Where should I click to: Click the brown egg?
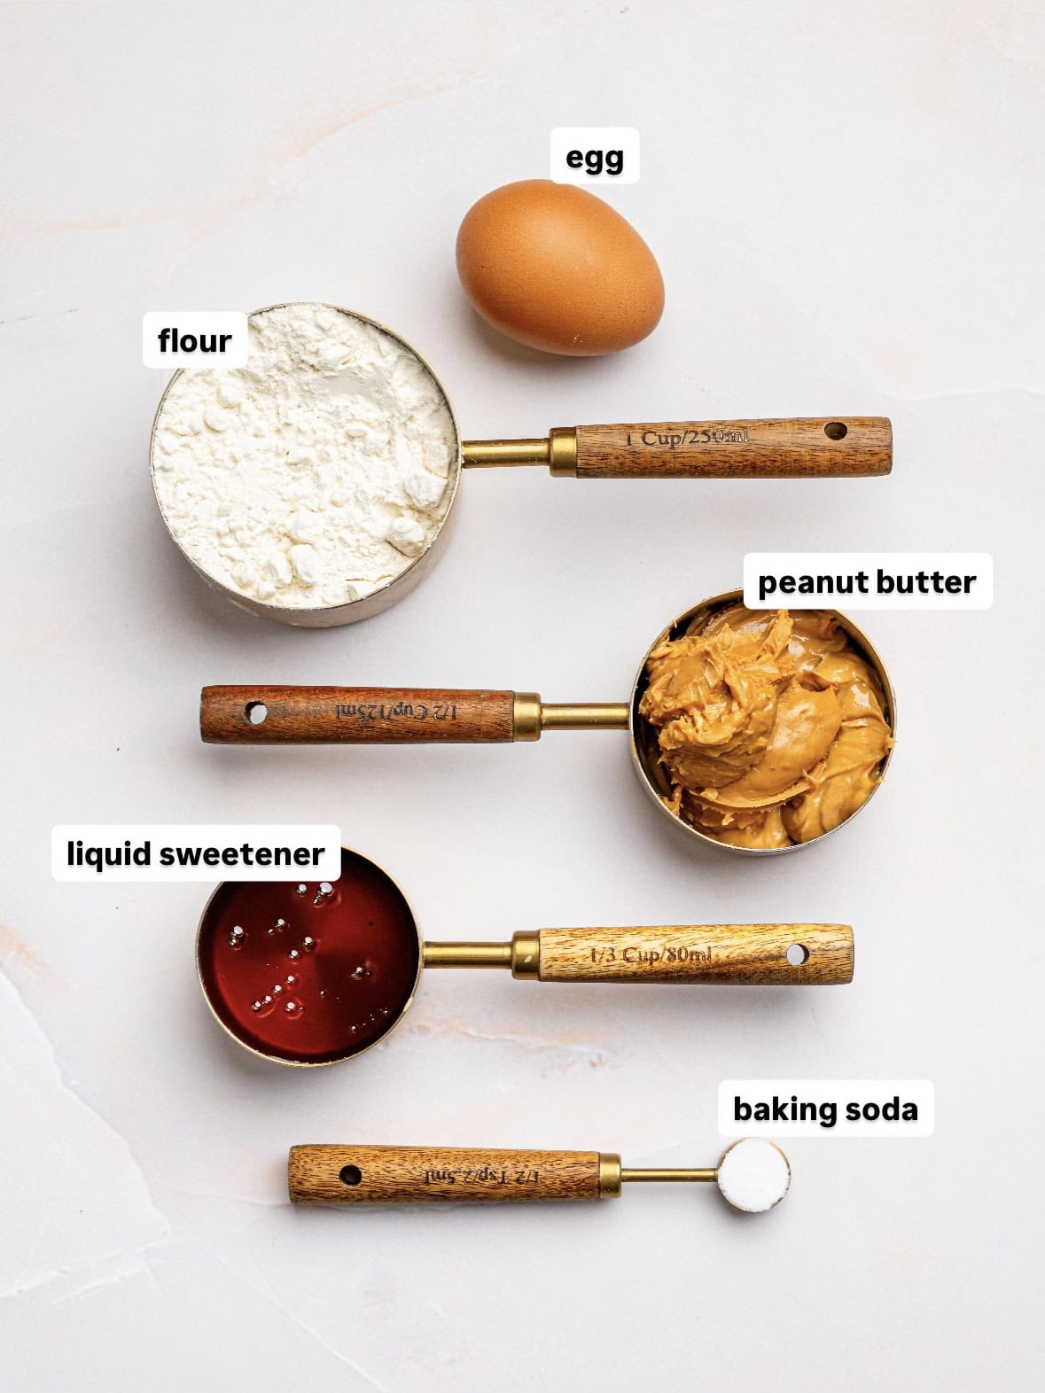559,267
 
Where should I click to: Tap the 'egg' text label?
595,158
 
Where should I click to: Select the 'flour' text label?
194,339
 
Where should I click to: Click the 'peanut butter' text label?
866,582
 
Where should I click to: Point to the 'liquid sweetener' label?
196,853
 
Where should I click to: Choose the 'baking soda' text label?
824,1109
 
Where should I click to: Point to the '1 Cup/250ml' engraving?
687,438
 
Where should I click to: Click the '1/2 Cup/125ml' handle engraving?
395,711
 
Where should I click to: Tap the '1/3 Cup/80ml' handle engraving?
651,955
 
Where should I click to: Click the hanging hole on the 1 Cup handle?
836,432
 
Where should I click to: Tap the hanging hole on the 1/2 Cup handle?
256,712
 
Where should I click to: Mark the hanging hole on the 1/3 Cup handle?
797,954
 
